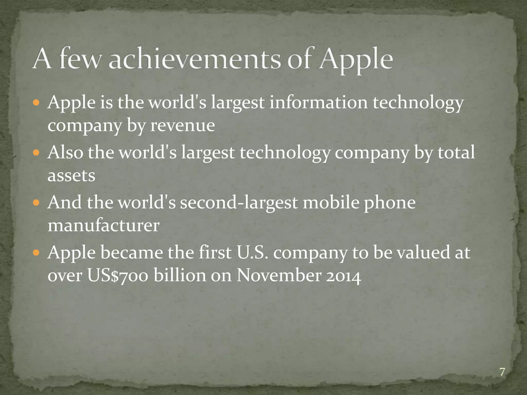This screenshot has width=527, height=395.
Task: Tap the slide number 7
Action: click(x=502, y=372)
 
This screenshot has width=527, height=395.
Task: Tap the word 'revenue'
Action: click(x=182, y=125)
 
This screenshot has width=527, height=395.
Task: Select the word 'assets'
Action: click(x=71, y=176)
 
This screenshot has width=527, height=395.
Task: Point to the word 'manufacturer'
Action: click(x=103, y=226)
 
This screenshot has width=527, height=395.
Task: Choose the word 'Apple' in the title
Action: click(x=355, y=60)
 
